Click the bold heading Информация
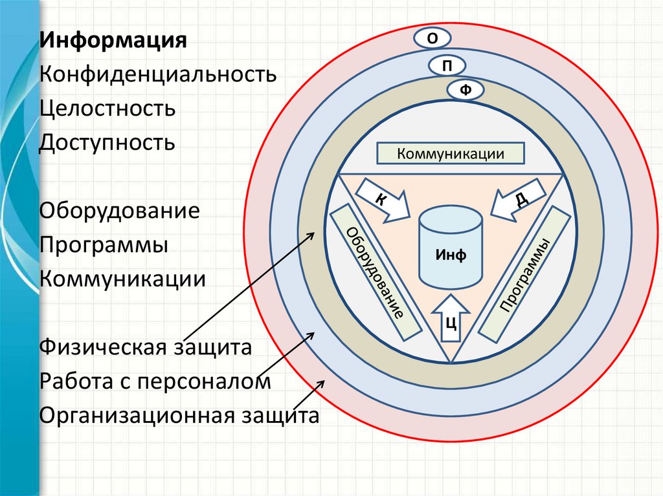point(113,40)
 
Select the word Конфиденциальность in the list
point(158,74)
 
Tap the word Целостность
point(107,108)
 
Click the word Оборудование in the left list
point(119,211)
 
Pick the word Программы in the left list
point(104,245)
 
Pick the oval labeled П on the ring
point(448,66)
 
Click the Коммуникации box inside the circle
point(451,154)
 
